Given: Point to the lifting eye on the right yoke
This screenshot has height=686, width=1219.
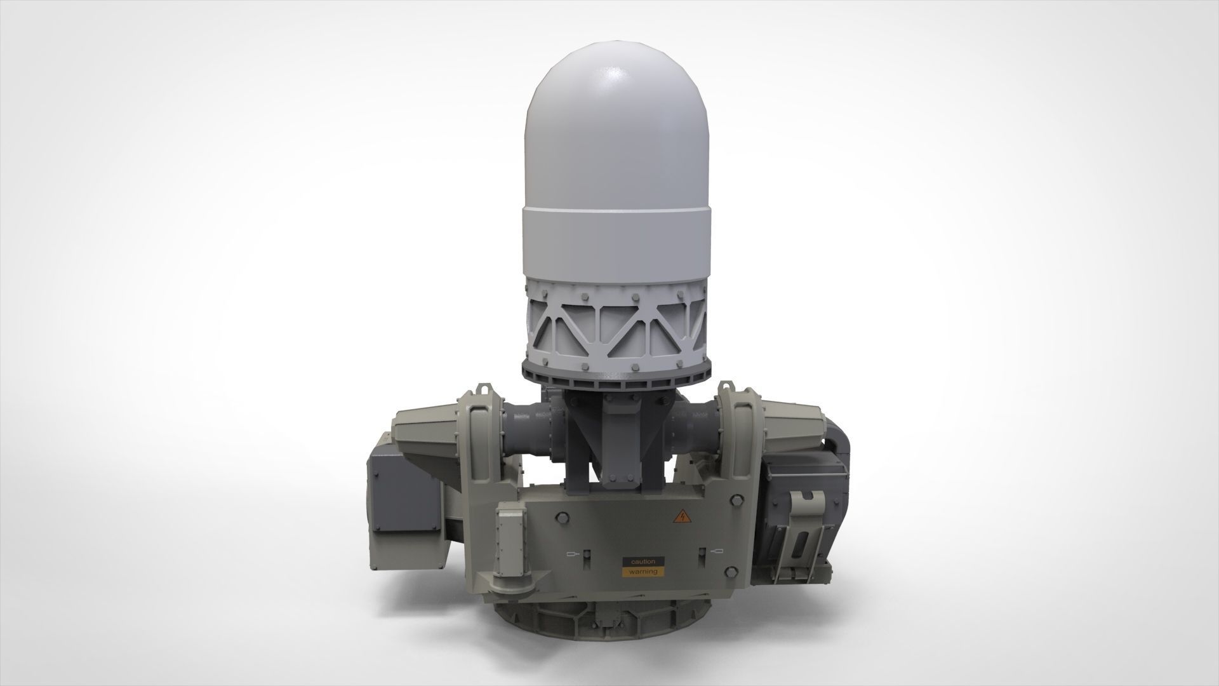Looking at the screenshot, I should tap(725, 386).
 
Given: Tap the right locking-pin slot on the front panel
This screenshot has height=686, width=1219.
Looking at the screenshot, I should tap(703, 551).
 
